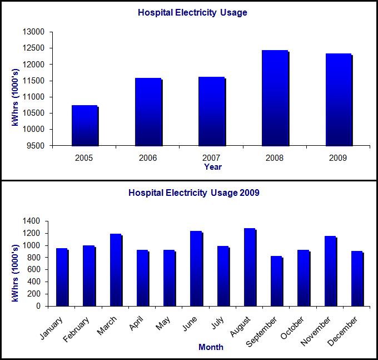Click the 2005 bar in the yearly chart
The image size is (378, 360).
click(x=84, y=125)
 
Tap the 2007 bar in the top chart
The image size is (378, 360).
click(x=211, y=111)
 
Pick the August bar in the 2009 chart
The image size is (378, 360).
click(x=249, y=267)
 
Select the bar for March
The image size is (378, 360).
click(x=115, y=270)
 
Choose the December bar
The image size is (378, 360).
click(x=356, y=278)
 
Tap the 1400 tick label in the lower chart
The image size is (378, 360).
click(x=32, y=221)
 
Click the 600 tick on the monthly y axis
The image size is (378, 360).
click(x=34, y=270)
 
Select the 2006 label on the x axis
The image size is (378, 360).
click(x=148, y=158)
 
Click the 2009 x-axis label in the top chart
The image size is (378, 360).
click(x=338, y=158)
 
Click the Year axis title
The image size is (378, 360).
click(x=212, y=166)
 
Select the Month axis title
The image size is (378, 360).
click(x=211, y=347)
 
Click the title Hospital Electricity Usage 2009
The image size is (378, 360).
click(x=193, y=194)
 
